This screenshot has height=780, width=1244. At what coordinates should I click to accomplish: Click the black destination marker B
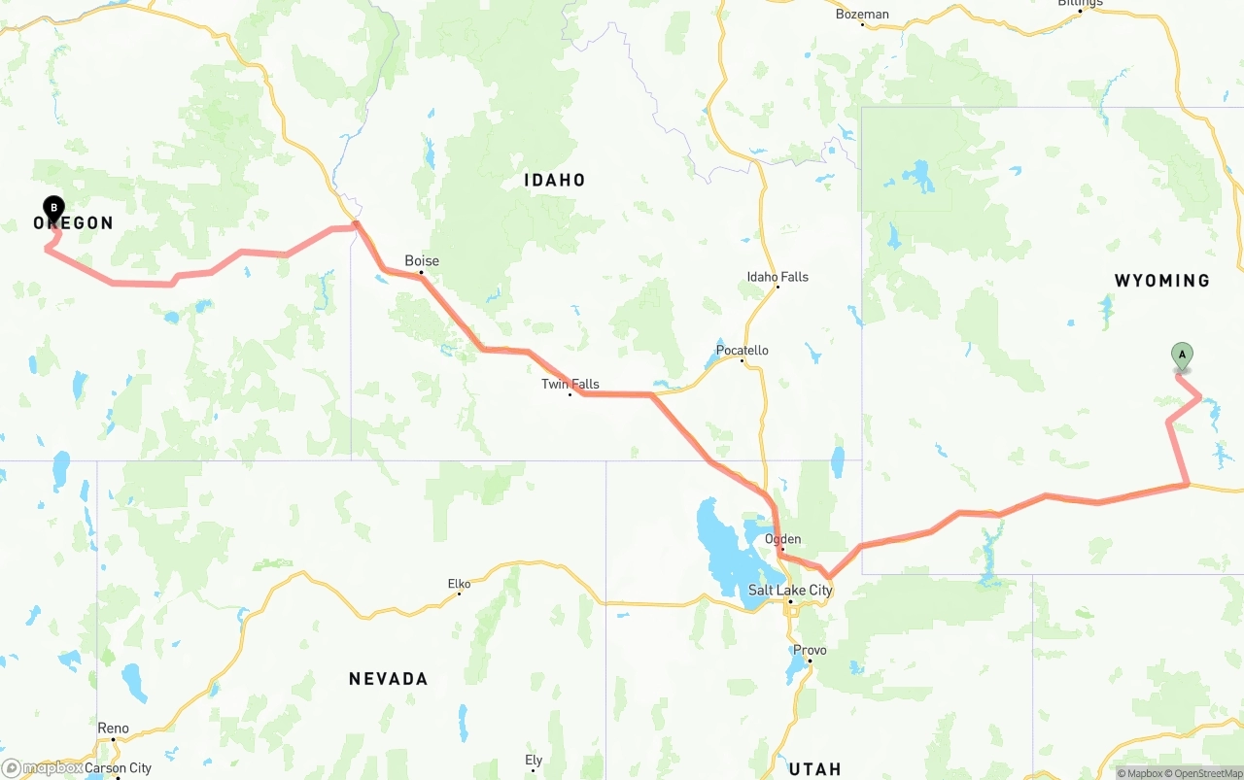(x=54, y=207)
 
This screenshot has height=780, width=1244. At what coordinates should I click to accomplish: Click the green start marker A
(x=1182, y=356)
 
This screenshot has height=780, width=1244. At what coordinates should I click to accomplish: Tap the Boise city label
(x=422, y=260)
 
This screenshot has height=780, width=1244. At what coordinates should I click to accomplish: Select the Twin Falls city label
(x=570, y=384)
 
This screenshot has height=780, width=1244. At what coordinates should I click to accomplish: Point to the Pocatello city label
(x=743, y=350)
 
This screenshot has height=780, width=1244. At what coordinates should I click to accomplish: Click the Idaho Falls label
(x=777, y=277)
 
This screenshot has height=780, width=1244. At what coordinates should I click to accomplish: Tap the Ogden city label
(x=783, y=539)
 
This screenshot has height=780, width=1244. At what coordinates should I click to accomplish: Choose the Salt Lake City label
(x=790, y=590)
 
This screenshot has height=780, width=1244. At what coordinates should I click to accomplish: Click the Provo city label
(x=810, y=650)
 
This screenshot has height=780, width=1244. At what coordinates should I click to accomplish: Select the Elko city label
(x=459, y=584)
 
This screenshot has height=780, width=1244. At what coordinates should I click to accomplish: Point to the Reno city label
(x=113, y=728)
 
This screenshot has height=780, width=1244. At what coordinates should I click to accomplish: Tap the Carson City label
(x=119, y=767)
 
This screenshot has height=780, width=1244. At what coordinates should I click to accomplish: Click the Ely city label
(x=534, y=760)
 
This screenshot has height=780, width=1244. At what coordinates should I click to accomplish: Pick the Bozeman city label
(x=862, y=14)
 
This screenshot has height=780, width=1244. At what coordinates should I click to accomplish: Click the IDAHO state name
(x=555, y=180)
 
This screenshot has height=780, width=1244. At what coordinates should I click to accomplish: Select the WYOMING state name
(x=1162, y=281)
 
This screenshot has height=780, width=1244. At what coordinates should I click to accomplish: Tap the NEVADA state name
(x=389, y=679)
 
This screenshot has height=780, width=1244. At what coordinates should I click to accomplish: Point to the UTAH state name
(x=815, y=769)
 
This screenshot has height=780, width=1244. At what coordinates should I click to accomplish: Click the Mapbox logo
(x=43, y=767)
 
